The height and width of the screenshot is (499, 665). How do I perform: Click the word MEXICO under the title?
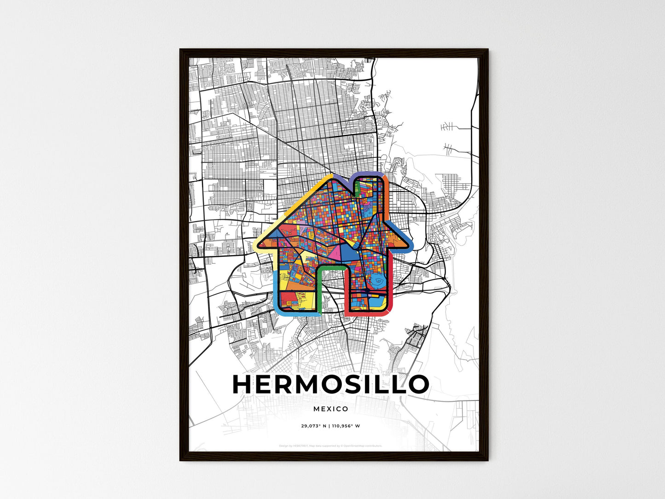click(330, 409)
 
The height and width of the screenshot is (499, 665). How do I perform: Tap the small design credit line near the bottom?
click(330, 446)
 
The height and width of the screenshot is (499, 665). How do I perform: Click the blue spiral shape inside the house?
click(377, 279)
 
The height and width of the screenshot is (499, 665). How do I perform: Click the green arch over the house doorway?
click(331, 267)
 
